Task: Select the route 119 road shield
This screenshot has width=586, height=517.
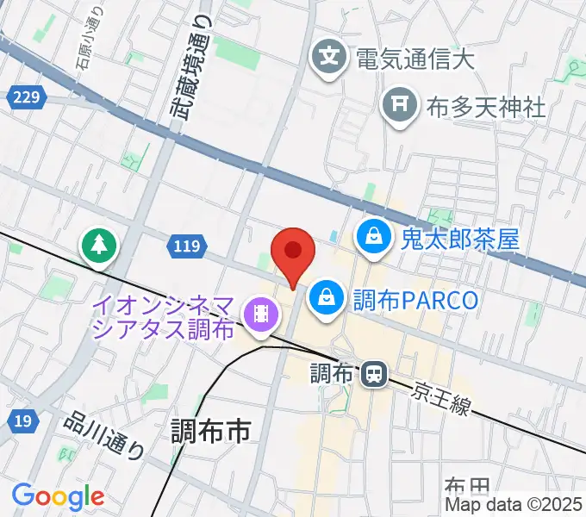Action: [186, 247]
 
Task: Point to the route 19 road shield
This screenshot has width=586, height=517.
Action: [23, 420]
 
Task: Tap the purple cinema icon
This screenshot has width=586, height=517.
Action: [259, 315]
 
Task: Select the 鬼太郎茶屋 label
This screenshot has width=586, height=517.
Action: [459, 238]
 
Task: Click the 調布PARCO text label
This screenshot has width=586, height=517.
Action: [415, 300]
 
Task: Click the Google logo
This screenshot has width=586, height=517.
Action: [58, 496]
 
